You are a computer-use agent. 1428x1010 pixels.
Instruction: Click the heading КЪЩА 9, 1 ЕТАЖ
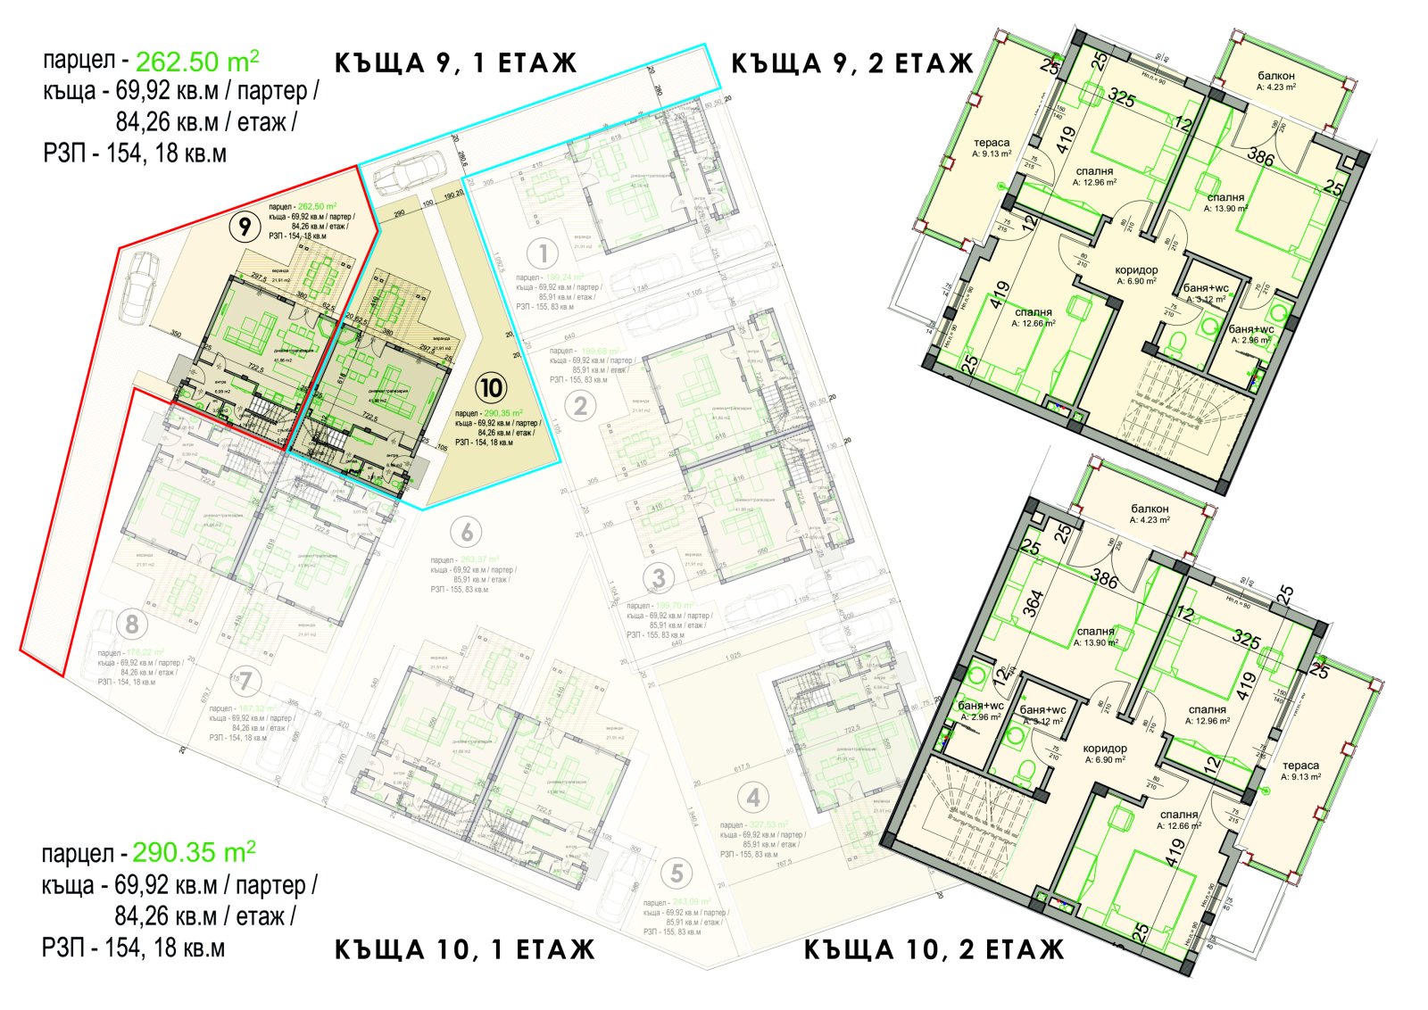click(456, 63)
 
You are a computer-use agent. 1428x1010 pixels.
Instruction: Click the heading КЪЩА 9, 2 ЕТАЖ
click(852, 63)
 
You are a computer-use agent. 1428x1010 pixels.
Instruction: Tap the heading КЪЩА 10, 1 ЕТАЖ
click(465, 948)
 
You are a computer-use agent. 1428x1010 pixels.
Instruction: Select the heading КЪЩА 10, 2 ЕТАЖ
click(934, 949)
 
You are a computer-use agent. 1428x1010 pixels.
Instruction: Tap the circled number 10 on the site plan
click(491, 388)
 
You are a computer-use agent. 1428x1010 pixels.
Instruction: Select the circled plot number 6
click(467, 533)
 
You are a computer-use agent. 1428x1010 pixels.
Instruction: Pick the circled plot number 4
click(754, 798)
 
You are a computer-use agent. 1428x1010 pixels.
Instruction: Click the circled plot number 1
click(543, 253)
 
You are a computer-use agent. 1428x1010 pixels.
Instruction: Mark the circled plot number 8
click(132, 623)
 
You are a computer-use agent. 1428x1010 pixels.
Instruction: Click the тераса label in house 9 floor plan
click(992, 143)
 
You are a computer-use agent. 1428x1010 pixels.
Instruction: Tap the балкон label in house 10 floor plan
click(1149, 509)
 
